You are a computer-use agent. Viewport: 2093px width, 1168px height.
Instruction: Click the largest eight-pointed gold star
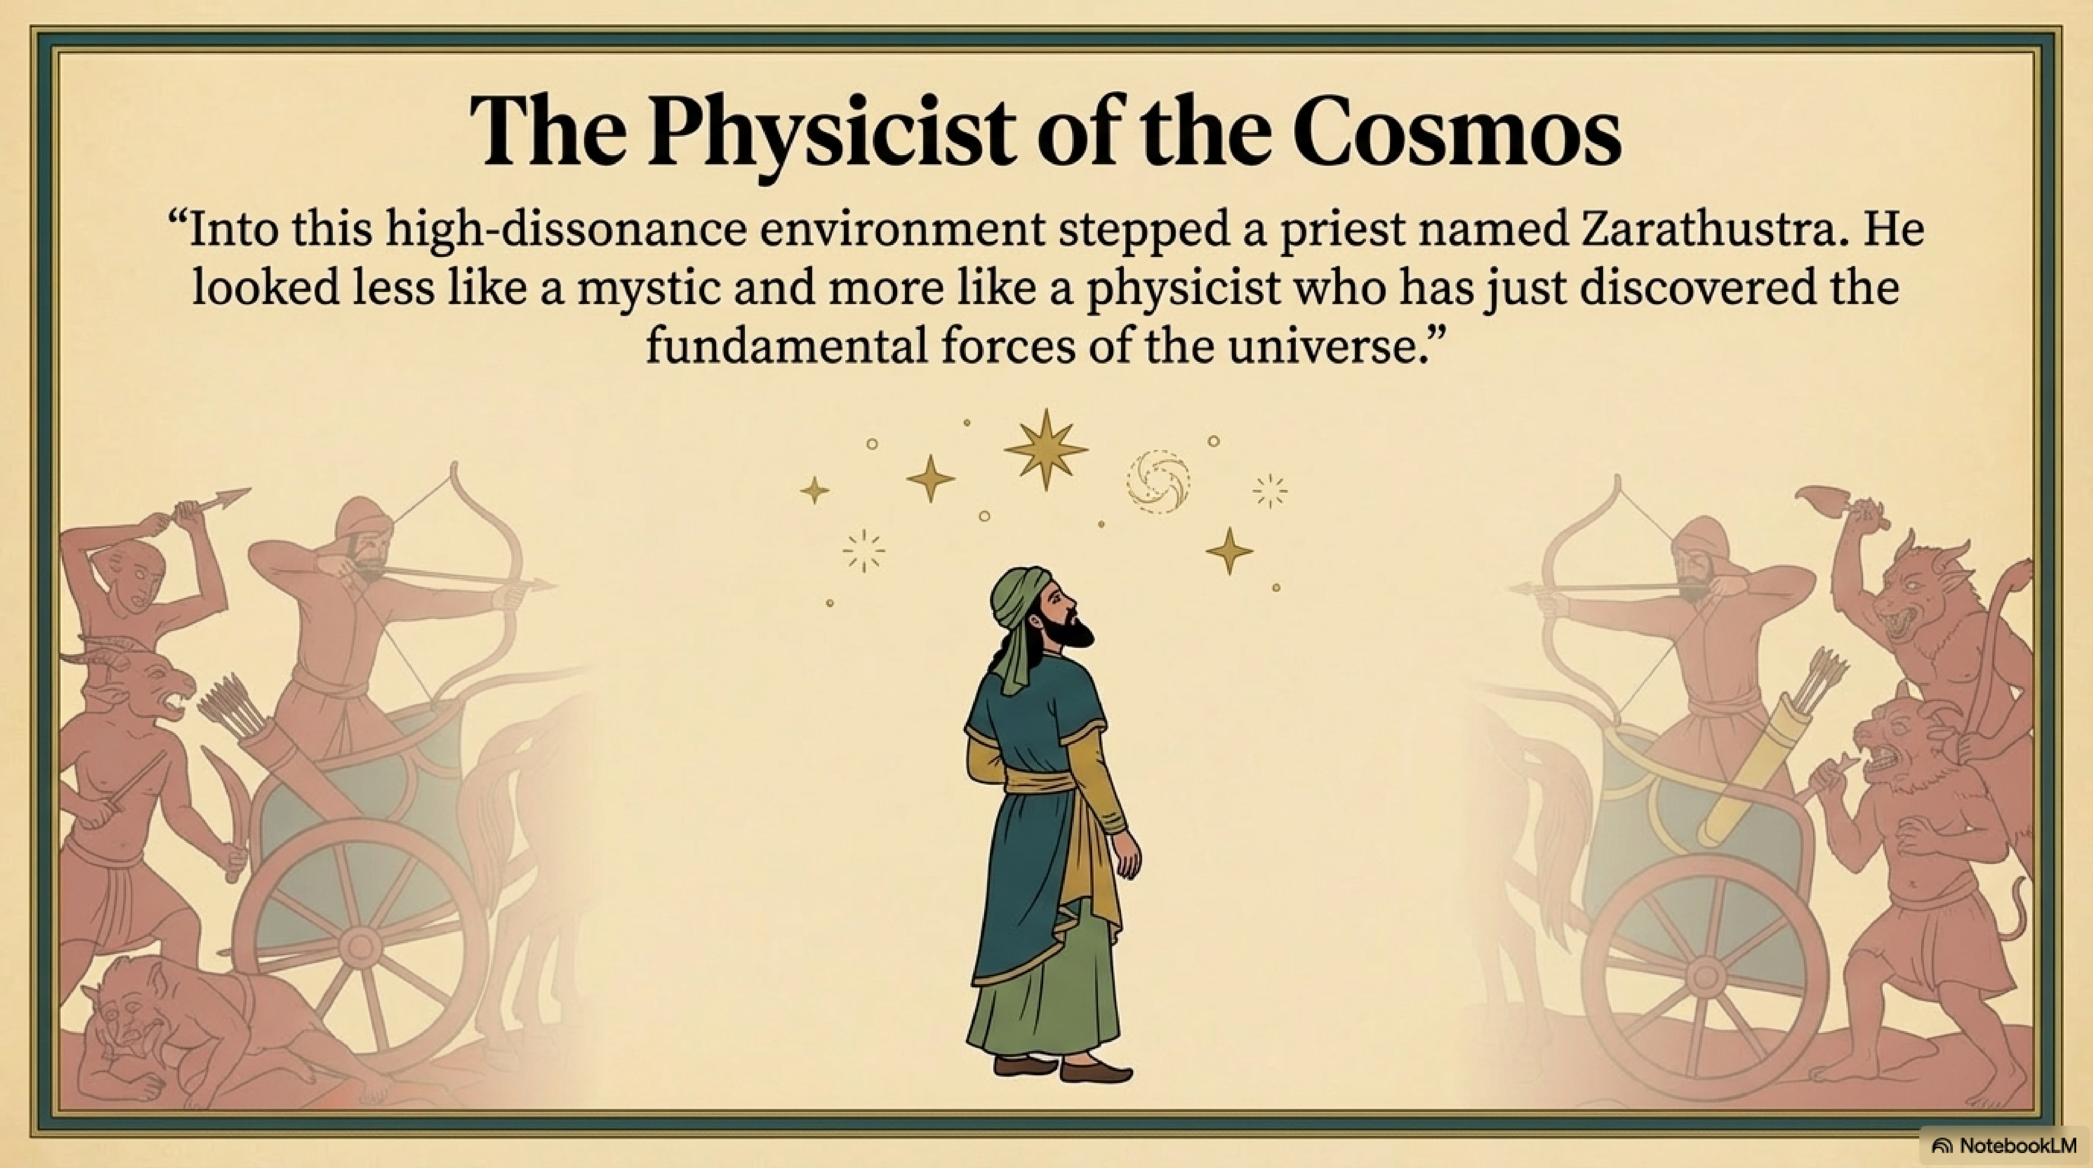pyautogui.click(x=1046, y=449)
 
